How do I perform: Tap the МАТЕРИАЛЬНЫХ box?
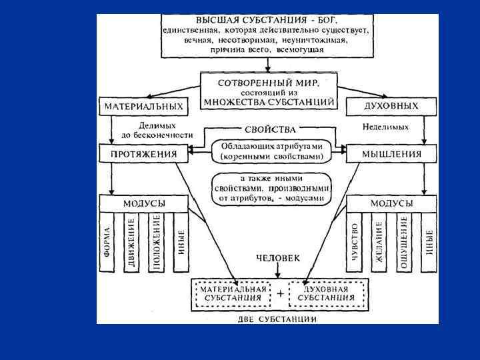[143, 106]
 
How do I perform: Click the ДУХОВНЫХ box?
[391, 106]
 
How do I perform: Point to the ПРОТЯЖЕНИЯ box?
[143, 154]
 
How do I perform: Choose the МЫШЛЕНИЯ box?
[391, 154]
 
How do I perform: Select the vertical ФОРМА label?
[107, 243]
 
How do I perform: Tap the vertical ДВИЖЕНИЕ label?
[132, 243]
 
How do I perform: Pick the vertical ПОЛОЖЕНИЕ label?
[157, 243]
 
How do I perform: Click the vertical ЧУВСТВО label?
[355, 243]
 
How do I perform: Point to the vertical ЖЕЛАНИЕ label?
[379, 243]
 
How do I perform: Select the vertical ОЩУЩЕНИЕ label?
[403, 243]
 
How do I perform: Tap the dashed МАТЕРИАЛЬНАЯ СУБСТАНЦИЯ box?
[233, 293]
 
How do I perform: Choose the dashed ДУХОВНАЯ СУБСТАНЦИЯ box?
[327, 293]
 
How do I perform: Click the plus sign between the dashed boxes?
[280, 293]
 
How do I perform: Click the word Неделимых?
[386, 126]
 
